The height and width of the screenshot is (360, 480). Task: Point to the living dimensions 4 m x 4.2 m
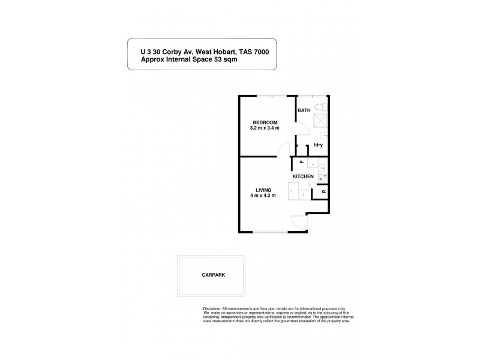tap(262, 196)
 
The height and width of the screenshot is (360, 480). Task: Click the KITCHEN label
tap(303, 176)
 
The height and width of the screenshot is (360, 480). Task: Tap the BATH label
tap(304, 110)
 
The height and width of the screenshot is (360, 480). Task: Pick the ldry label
tap(319, 145)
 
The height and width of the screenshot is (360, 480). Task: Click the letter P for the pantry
tap(323, 191)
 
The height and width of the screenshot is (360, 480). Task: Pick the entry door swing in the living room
tap(298, 221)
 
